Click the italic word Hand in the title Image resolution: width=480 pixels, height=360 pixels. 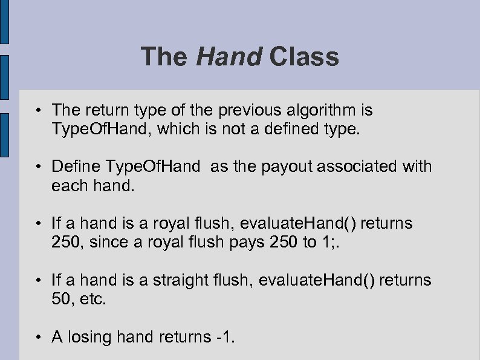[x=229, y=57]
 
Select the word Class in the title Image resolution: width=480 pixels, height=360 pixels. [x=305, y=57]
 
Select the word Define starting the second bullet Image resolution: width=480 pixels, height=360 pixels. [x=77, y=166]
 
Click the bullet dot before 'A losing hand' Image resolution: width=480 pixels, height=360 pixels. [x=38, y=337]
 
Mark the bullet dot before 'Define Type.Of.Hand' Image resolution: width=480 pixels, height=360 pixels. [x=38, y=167]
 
